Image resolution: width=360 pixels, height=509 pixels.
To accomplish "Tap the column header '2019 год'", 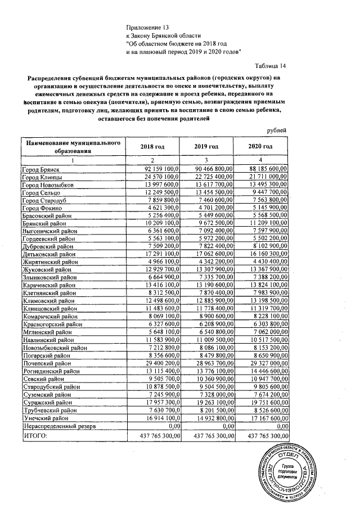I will coord(206,146).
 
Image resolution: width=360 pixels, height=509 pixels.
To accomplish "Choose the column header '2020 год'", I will coord(260,146).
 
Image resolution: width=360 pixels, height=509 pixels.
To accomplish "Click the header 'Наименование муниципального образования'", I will coord(73,147).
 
